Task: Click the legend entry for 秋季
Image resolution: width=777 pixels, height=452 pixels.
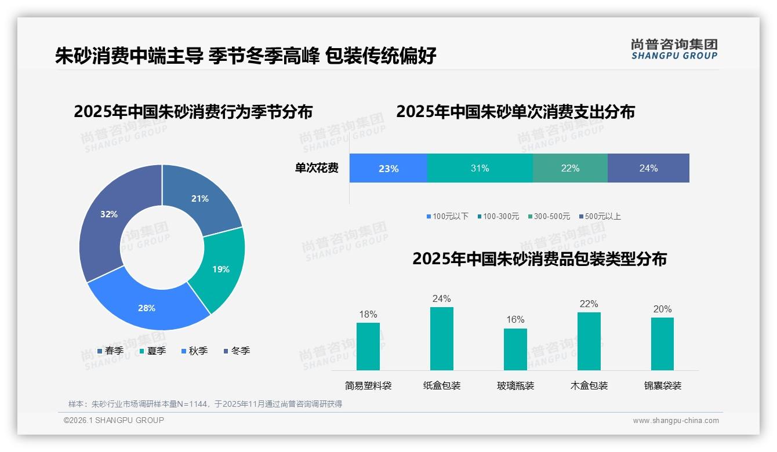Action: pyautogui.click(x=194, y=351)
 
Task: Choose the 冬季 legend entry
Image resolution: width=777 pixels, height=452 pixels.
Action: pyautogui.click(x=237, y=351)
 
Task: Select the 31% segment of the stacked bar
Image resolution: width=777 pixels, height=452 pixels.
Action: pyautogui.click(x=480, y=168)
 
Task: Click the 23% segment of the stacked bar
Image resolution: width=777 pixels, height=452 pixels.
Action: pyautogui.click(x=388, y=168)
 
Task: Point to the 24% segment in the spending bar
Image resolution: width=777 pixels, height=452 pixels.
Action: pyautogui.click(x=648, y=168)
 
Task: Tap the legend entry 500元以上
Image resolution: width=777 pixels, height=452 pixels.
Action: pyautogui.click(x=600, y=216)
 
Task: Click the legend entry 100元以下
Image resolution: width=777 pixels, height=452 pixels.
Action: pyautogui.click(x=447, y=216)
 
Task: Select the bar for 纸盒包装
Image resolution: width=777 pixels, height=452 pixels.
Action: pyautogui.click(x=441, y=338)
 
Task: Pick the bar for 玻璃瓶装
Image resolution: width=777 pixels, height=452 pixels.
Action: pyautogui.click(x=515, y=349)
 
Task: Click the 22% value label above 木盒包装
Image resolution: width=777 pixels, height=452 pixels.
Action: pyautogui.click(x=589, y=304)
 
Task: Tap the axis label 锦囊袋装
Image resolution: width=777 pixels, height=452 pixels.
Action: pyautogui.click(x=662, y=385)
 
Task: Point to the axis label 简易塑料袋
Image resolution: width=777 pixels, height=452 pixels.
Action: pyautogui.click(x=368, y=385)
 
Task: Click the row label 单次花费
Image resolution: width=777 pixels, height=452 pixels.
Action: pyautogui.click(x=317, y=168)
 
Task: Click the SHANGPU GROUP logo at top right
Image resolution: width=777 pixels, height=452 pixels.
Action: pyautogui.click(x=674, y=49)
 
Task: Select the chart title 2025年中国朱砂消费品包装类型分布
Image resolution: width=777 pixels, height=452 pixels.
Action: pyautogui.click(x=539, y=258)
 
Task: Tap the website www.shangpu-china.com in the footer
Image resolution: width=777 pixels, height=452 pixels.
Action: pyautogui.click(x=676, y=420)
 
